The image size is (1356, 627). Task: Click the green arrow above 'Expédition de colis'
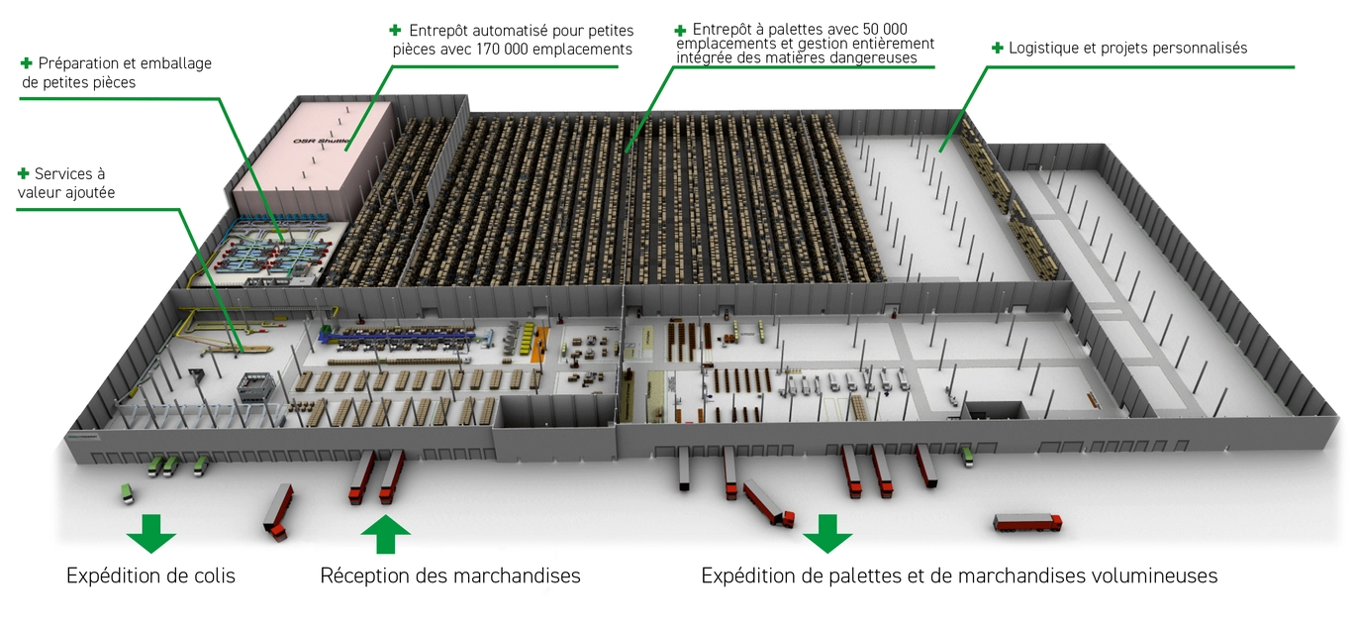(150, 534)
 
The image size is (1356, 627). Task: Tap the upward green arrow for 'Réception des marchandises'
(386, 534)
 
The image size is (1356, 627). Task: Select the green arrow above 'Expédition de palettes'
(827, 534)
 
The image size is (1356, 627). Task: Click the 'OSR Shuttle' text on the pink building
(322, 142)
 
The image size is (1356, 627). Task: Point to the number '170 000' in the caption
(501, 50)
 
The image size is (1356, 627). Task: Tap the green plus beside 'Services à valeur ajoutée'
(24, 174)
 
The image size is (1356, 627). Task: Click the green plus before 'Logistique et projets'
(997, 48)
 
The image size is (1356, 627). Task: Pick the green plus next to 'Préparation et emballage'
(26, 63)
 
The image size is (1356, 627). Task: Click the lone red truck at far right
(1027, 523)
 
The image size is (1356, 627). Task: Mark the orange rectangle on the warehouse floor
(538, 344)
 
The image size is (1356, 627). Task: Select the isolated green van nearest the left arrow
(127, 493)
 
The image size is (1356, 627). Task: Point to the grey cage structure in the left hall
(255, 387)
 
